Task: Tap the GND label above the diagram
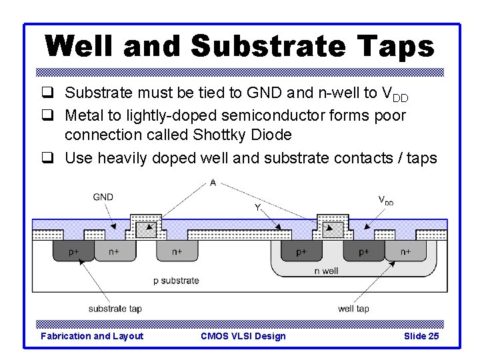point(103,197)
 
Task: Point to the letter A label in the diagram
point(212,183)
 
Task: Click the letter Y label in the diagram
point(257,207)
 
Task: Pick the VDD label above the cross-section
point(385,199)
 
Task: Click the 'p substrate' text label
point(176,281)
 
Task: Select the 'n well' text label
point(327,271)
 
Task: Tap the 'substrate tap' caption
point(115,309)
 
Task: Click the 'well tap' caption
point(353,309)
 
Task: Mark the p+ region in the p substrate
point(73,252)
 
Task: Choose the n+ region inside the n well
point(405,252)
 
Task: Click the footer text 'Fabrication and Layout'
point(92,336)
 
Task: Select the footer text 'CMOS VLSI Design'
point(243,336)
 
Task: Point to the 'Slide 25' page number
point(421,336)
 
